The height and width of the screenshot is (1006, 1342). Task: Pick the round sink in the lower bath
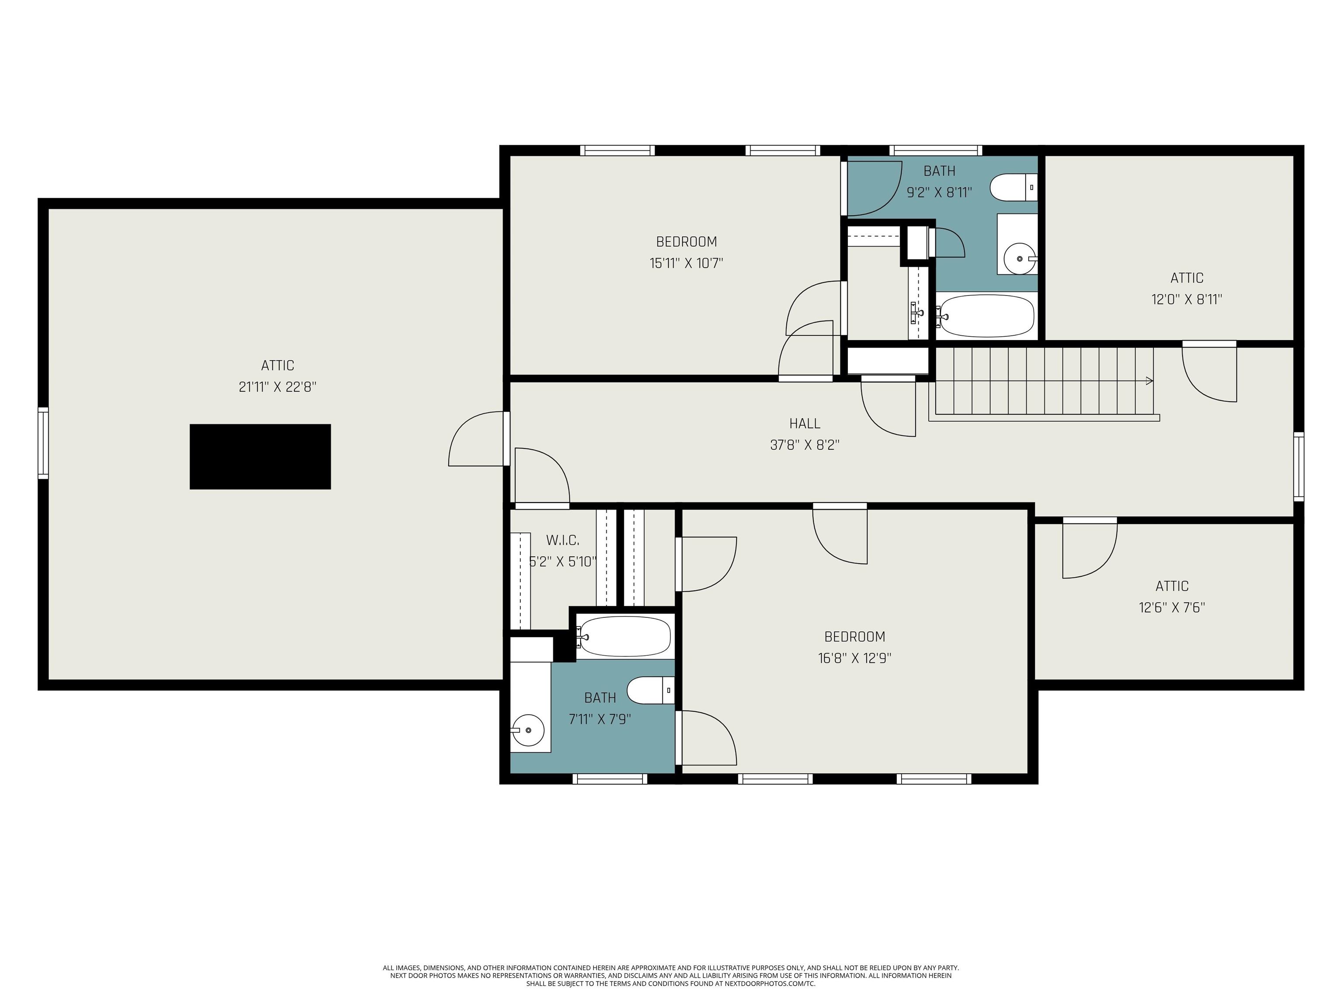click(527, 730)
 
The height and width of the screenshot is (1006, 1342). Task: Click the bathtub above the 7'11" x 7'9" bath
click(624, 636)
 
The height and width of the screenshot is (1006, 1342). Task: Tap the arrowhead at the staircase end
click(1148, 381)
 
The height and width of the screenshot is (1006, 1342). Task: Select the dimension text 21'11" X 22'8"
click(277, 387)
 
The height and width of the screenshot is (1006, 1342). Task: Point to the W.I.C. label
click(562, 540)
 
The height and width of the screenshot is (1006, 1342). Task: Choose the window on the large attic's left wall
click(43, 443)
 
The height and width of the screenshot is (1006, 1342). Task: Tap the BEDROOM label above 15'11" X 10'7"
click(686, 241)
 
